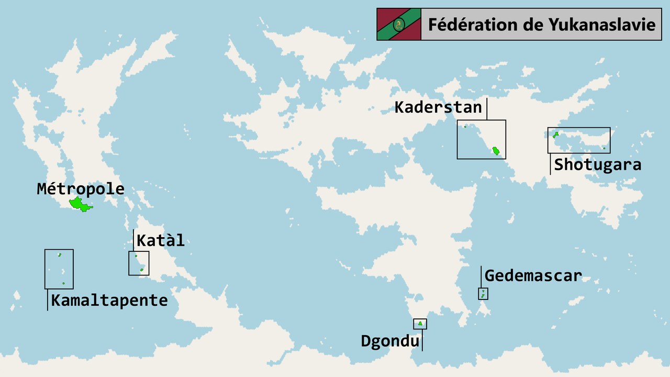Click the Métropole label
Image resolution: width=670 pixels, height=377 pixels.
click(x=81, y=189)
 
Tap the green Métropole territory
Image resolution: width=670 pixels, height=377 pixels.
click(x=79, y=204)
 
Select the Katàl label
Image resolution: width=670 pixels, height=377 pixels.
click(x=160, y=241)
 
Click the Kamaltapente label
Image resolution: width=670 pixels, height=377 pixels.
click(x=109, y=301)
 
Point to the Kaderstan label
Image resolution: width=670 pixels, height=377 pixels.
click(x=438, y=107)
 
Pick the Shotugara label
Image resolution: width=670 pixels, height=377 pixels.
click(x=597, y=164)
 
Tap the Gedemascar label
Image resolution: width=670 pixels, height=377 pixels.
click(x=533, y=275)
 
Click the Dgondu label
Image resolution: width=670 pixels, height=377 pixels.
click(x=390, y=341)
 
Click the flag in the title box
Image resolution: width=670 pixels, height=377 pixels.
click(x=399, y=24)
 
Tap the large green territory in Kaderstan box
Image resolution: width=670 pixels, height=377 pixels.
click(x=496, y=152)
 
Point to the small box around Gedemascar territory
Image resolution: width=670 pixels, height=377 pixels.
click(x=483, y=294)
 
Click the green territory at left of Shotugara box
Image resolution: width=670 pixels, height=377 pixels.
click(x=556, y=135)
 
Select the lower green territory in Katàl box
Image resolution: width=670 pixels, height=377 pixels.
click(x=141, y=270)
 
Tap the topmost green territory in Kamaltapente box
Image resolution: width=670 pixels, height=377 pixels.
click(x=60, y=255)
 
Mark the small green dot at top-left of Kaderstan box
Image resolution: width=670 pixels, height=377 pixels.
click(x=465, y=127)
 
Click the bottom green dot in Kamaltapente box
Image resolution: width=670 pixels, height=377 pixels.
click(x=63, y=283)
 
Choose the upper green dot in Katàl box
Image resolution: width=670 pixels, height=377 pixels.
click(x=136, y=256)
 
